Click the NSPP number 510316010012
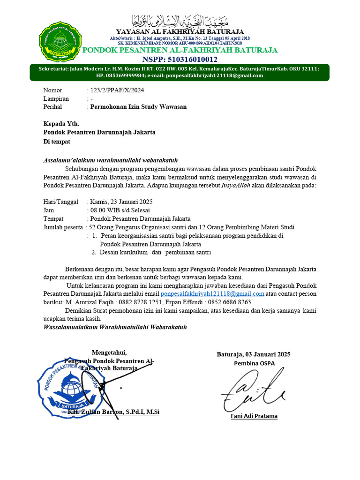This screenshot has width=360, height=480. pos(180,60)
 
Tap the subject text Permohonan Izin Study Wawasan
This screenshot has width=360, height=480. pos(138,107)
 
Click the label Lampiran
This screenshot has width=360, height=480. pos(56,98)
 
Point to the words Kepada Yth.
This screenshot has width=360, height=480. pos(61,124)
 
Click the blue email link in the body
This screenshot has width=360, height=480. pos(212,294)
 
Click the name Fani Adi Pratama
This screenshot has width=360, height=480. pos(254,416)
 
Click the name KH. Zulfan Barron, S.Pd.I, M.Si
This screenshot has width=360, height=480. pos(113,412)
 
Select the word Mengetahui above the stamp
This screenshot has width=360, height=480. pos(109,352)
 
